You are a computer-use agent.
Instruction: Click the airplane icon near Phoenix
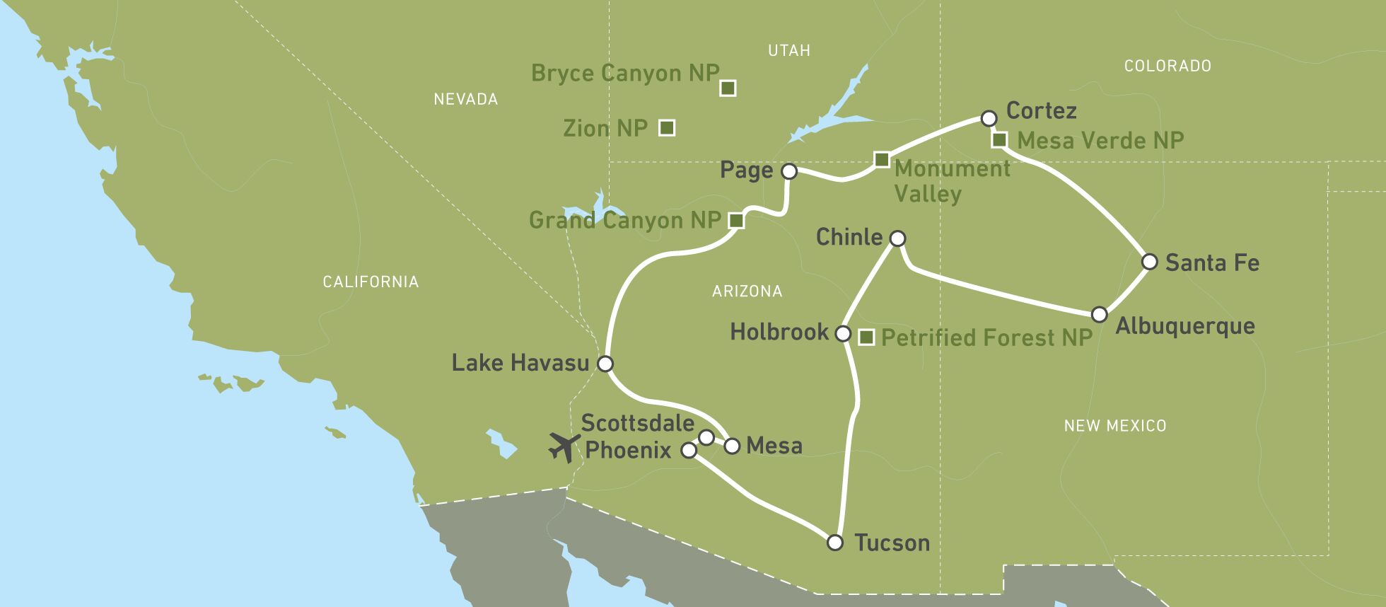[x=564, y=447]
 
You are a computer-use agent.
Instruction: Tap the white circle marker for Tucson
[x=835, y=543]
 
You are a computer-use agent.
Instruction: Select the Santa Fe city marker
[x=1150, y=262]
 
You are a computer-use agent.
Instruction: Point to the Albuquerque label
[x=1185, y=326]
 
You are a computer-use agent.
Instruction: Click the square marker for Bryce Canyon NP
[x=728, y=88]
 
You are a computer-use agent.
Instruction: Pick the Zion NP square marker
[x=666, y=127]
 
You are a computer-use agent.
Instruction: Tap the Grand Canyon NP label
[x=624, y=220]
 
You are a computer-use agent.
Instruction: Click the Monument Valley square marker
[x=881, y=160]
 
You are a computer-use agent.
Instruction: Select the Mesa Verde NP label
[x=1100, y=140]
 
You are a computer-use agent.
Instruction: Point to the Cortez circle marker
[x=989, y=117]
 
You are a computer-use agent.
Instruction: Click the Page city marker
[x=789, y=171]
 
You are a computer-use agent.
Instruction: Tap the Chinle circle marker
[x=897, y=238]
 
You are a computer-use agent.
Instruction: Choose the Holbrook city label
[x=779, y=332]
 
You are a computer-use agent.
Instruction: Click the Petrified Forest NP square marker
[x=866, y=337]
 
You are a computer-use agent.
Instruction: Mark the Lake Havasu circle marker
[x=605, y=364]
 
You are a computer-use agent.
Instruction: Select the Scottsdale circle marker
[x=706, y=437]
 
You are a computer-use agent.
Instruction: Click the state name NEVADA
[x=465, y=99]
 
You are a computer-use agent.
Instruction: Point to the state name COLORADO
[x=1167, y=66]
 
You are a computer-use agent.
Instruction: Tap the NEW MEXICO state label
[x=1115, y=425]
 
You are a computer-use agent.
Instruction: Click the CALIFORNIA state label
[x=371, y=282]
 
